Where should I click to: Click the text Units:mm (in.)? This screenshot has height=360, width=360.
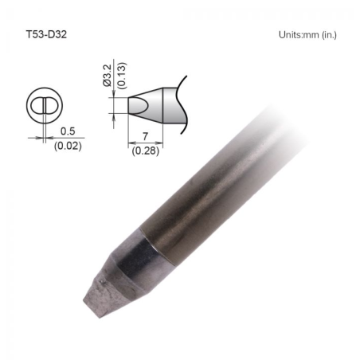[312, 36]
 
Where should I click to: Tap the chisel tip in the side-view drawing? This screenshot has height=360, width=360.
[137, 104]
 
